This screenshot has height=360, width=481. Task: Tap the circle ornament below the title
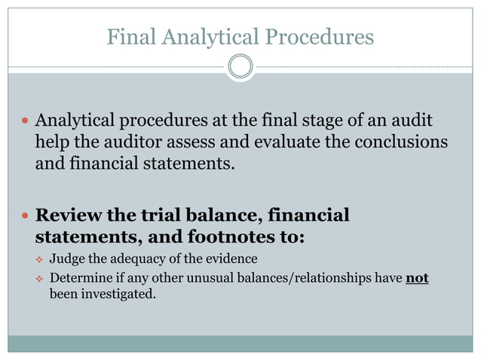tap(240, 66)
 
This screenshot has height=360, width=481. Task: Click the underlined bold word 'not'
tap(417, 278)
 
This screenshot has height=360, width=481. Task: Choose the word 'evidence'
tap(232, 261)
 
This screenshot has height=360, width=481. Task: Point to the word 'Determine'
tap(78, 278)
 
